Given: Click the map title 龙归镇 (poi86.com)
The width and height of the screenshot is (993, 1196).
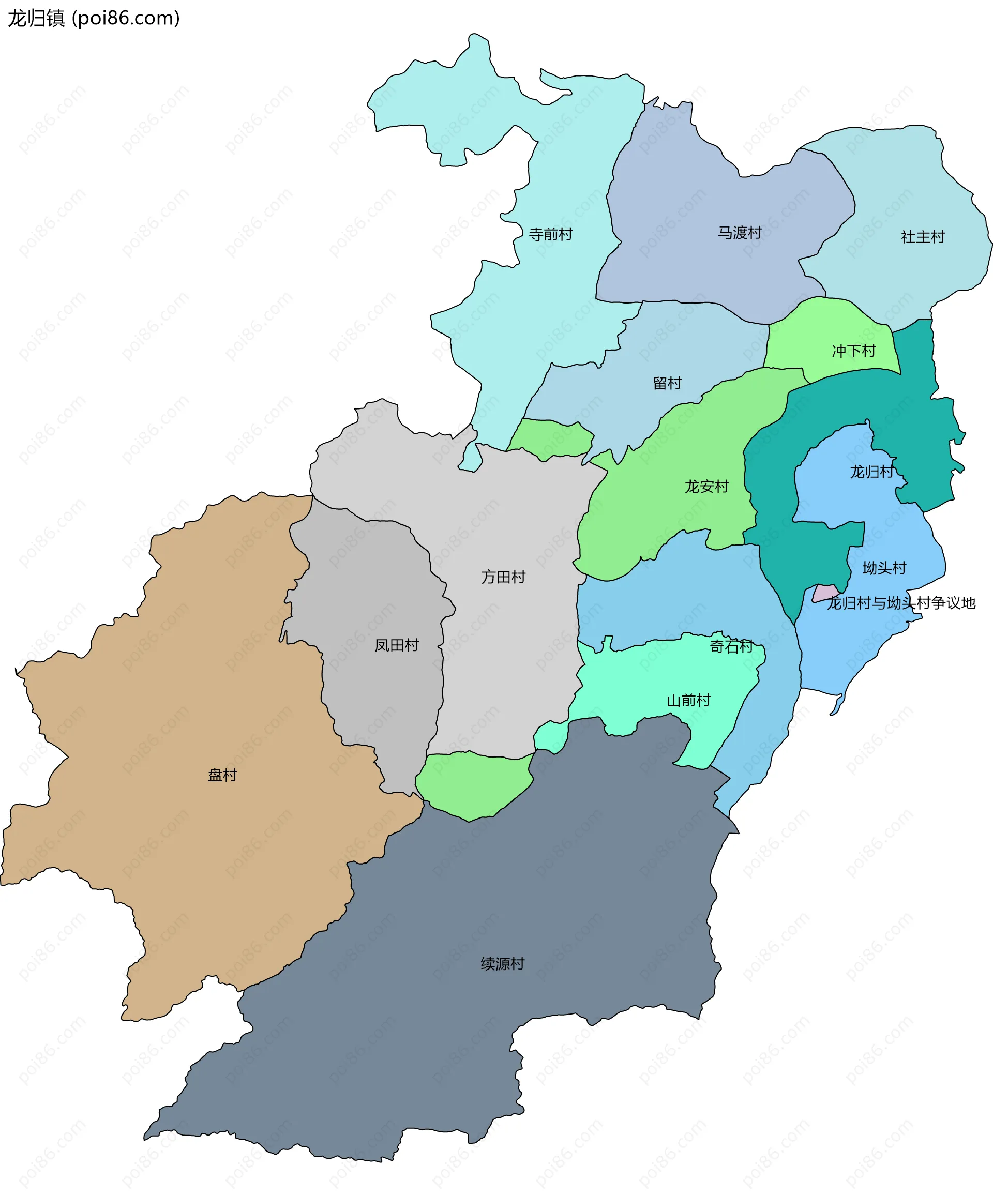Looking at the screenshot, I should (94, 18).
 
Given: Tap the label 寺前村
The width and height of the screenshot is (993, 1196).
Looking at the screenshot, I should (550, 234).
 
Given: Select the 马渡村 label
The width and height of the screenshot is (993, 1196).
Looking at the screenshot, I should (740, 232).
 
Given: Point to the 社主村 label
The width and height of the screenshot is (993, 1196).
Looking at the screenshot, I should (923, 237).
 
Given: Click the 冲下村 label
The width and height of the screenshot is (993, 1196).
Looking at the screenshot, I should (853, 351).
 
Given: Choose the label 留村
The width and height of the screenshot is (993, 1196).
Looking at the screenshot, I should (667, 383).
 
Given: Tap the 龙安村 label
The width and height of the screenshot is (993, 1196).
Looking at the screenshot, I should (706, 487).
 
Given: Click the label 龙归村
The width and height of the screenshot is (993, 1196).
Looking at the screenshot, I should (871, 472).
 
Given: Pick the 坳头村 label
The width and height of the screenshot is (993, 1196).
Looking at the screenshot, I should (884, 568).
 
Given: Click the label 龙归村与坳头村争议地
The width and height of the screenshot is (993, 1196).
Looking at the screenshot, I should (901, 602).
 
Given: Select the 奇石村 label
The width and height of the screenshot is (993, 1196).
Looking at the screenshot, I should (731, 646).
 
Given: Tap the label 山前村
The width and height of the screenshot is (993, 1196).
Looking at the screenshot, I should (688, 700).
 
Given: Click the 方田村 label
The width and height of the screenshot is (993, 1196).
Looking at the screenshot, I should (503, 577).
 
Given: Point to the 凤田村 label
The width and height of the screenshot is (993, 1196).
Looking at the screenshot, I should (397, 645).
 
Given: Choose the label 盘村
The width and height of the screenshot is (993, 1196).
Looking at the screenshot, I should (222, 775).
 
